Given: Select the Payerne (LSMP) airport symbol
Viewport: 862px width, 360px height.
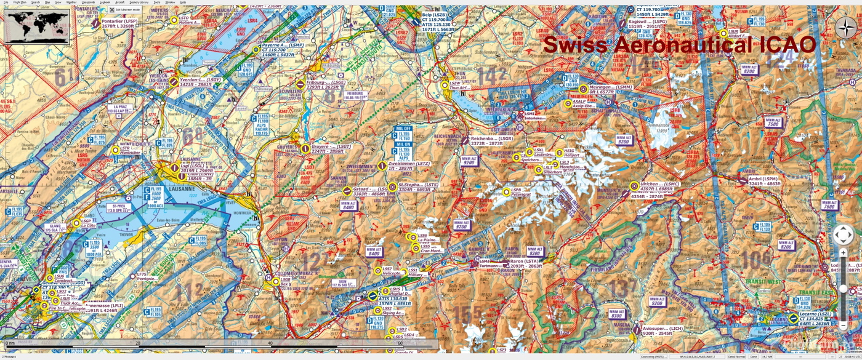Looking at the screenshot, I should pyautogui.click(x=257, y=49).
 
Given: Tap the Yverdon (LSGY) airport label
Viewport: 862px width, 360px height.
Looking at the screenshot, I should pyautogui.click(x=196, y=82).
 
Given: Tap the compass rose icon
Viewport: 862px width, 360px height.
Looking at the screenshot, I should pyautogui.click(x=846, y=28).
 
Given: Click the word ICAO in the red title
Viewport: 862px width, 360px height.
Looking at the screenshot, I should pyautogui.click(x=787, y=45).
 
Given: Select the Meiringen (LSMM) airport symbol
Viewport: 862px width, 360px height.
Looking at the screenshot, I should pyautogui.click(x=583, y=89).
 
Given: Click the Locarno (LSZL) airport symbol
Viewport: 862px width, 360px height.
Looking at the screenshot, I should pyautogui.click(x=793, y=318).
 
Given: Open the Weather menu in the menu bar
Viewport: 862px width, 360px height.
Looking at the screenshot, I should pyautogui.click(x=71, y=2).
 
